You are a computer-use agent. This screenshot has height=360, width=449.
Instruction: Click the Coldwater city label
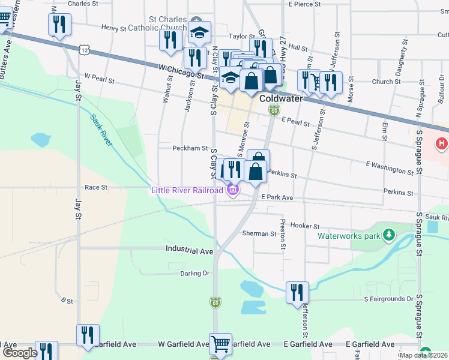tap(284, 98)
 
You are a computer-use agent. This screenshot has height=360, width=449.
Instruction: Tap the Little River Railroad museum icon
tap(232, 191)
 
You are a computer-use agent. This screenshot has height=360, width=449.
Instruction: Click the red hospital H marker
tap(442, 144)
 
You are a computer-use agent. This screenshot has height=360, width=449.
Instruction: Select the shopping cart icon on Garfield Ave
tap(221, 344)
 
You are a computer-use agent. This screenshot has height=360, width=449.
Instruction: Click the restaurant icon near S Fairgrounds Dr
tap(297, 293)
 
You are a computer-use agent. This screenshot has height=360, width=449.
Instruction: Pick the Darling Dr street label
tap(194, 273)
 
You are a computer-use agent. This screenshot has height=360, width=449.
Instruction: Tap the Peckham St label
tap(190, 148)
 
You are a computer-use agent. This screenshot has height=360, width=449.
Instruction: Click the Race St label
tap(95, 187)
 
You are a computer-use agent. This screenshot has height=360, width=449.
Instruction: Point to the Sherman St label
tap(258, 233)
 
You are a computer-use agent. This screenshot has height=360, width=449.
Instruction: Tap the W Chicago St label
tap(181, 71)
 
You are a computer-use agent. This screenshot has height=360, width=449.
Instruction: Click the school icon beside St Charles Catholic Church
tap(200, 32)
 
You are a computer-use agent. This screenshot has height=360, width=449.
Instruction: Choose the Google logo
tap(19, 353)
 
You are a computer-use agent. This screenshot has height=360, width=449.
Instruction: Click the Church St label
tap(382, 82)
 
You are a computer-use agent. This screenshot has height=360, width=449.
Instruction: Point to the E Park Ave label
tap(277, 197)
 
